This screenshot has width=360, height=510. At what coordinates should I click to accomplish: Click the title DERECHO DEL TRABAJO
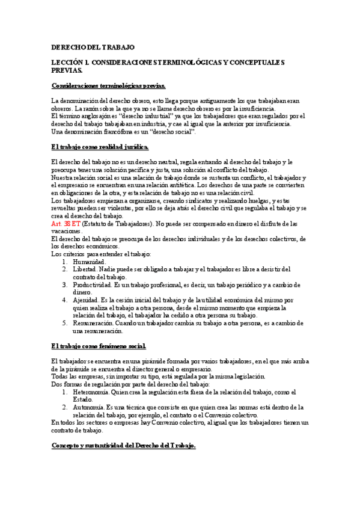coord(93,46)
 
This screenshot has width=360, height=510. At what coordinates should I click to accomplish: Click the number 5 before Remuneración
coord(65,322)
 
